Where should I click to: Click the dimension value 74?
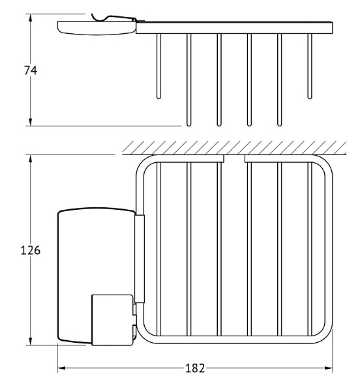pos(31,70)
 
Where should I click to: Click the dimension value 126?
pos(30,250)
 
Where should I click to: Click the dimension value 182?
pos(195,368)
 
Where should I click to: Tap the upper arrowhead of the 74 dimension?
pos(31,18)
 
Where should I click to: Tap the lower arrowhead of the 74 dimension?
pos(31,122)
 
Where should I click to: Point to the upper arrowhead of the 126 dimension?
pos(31,159)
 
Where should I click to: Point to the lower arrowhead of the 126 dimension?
pos(31,341)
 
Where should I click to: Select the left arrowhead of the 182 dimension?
pos(62,368)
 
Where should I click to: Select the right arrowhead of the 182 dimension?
pos(328,368)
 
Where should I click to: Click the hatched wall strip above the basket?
pos(234,148)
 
